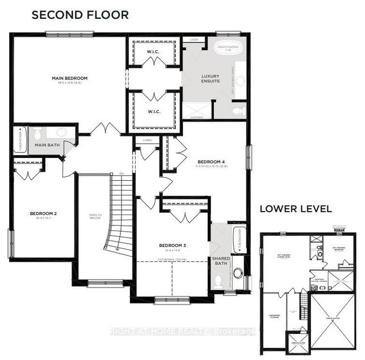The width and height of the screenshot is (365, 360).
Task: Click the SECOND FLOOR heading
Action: (x=80, y=15)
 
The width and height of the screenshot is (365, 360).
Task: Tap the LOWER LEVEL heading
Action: (x=295, y=209)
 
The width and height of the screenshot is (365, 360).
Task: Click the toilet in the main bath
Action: (x=38, y=134)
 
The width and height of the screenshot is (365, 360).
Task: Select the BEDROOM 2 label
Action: (x=42, y=215)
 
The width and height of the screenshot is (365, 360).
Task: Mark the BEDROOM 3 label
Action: (x=171, y=246)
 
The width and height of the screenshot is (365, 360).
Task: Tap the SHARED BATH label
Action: (x=221, y=261)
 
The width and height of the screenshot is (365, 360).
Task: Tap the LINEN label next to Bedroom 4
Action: (x=147, y=140)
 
